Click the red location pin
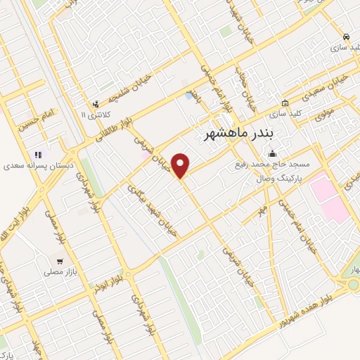(181, 165)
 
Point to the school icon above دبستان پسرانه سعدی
(38, 155)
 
